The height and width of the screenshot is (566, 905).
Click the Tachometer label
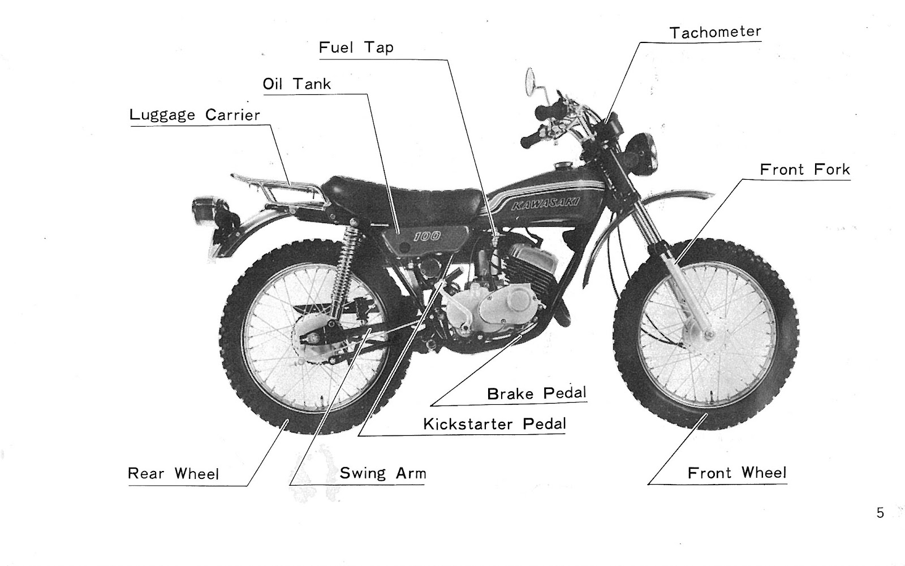click(715, 32)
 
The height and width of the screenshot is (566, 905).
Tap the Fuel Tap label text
click(356, 47)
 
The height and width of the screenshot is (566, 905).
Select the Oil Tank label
click(296, 84)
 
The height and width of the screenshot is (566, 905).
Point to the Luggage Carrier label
click(195, 115)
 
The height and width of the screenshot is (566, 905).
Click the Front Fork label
click(804, 170)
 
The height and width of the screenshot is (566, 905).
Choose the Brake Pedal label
click(536, 393)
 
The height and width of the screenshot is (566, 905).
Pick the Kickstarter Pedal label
click(494, 424)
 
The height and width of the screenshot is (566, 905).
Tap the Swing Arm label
click(382, 473)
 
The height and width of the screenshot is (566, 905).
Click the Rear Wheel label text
click(173, 473)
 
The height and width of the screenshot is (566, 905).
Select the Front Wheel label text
click(736, 473)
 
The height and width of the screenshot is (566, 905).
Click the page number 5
click(880, 513)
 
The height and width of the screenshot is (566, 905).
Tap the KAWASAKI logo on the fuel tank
click(545, 204)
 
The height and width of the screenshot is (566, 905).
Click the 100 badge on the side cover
click(427, 236)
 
